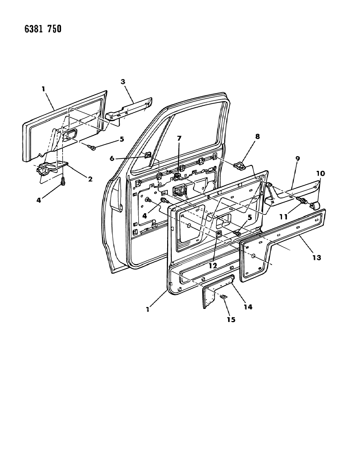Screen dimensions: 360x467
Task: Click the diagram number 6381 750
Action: [43, 29]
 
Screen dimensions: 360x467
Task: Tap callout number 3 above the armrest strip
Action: [123, 82]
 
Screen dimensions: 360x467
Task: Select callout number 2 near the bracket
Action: [90, 179]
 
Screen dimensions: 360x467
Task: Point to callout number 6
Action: [112, 158]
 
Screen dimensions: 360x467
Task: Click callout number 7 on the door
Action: [179, 138]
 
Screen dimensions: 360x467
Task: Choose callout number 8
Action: [257, 136]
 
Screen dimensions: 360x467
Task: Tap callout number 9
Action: [297, 159]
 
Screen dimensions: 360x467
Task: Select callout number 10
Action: [321, 173]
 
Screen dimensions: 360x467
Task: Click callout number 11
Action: [284, 217]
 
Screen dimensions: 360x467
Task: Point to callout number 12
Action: [213, 266]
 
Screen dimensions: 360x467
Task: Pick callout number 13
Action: [317, 257]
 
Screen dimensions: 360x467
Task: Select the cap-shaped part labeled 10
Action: [315, 206]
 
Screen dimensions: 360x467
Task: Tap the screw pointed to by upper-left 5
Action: [92, 148]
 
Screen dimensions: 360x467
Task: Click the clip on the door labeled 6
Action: [148, 154]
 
